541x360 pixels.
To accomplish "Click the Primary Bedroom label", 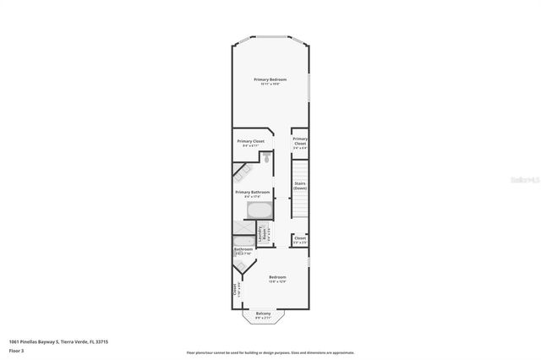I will [x=269, y=79].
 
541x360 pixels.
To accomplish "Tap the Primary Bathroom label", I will [x=252, y=192].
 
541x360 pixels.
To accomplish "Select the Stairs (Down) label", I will [x=299, y=185].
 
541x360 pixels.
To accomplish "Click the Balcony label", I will [x=263, y=314].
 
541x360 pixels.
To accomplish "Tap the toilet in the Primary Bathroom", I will [x=265, y=157].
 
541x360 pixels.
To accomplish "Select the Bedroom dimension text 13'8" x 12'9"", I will [x=277, y=282].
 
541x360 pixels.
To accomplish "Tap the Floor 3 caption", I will [x=17, y=350].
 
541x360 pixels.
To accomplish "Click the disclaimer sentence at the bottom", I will [x=270, y=352].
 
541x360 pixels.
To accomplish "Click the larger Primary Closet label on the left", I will [x=251, y=141].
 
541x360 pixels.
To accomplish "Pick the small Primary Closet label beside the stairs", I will [x=300, y=141].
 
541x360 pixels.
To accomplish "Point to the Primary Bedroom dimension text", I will [x=269, y=84].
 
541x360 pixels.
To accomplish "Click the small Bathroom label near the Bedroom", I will [x=243, y=249].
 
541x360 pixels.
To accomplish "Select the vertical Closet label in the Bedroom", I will [x=235, y=289].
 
